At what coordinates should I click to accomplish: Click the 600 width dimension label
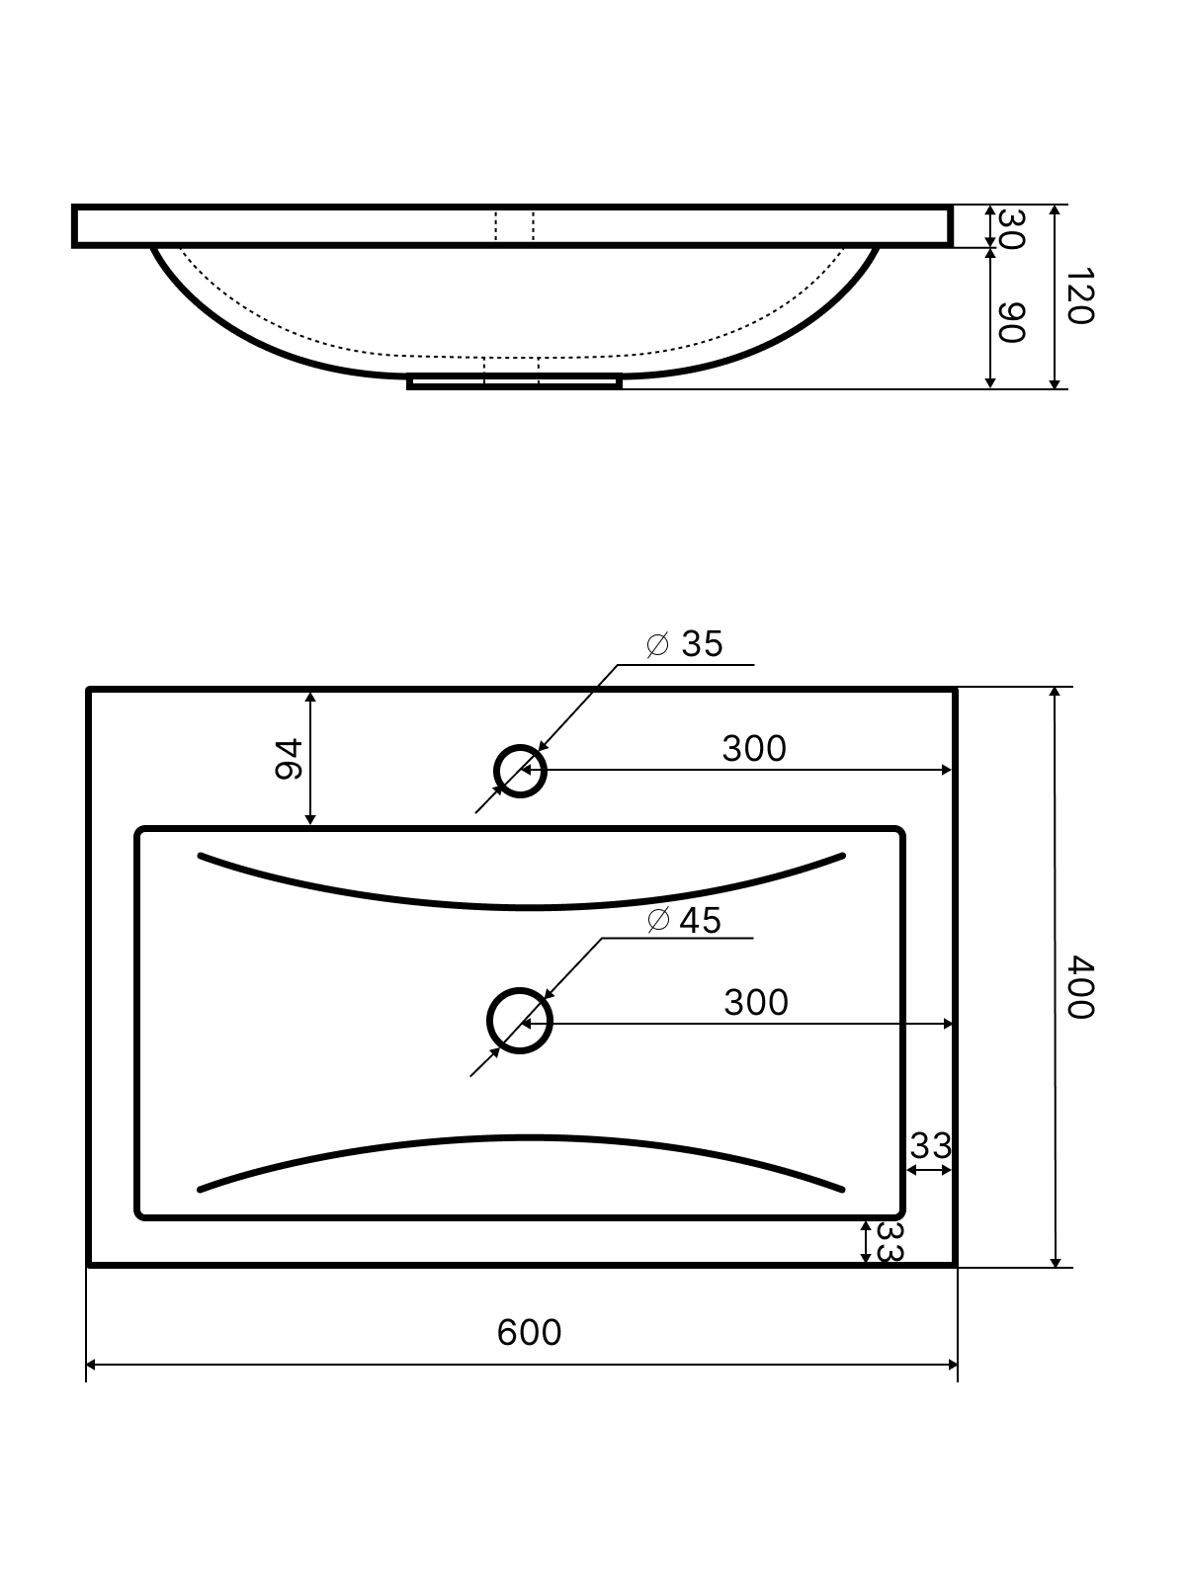click(529, 1332)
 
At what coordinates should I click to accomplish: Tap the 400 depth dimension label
click(1080, 987)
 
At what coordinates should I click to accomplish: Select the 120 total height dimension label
click(1080, 296)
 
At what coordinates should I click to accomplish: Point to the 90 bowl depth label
click(1011, 323)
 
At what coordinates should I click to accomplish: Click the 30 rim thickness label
click(1011, 229)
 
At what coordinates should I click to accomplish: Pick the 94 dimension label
click(289, 759)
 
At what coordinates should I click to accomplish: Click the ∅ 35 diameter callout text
click(684, 644)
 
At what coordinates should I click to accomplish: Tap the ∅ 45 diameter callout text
click(683, 921)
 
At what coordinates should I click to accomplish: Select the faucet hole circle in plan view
click(520, 745)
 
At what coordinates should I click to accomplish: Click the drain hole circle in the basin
click(520, 990)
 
